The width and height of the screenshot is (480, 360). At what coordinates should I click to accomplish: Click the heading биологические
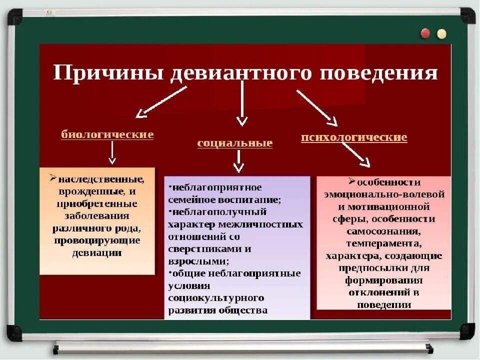tap(107, 134)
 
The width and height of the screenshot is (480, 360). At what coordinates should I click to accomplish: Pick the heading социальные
tap(235, 143)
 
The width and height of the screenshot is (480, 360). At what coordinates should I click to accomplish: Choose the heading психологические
tap(354, 137)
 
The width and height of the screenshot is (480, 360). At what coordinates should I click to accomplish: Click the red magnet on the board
tap(425, 33)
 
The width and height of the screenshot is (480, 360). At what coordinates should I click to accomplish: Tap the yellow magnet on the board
tap(441, 33)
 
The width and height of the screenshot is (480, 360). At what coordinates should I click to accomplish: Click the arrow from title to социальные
tap(242, 102)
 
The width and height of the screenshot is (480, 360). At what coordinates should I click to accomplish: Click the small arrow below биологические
tap(112, 153)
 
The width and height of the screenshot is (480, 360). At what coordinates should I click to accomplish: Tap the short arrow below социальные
tap(238, 161)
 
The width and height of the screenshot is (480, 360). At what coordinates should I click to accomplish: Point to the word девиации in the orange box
tap(97, 252)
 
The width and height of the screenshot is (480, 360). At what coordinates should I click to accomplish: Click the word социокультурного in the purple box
tap(216, 298)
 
